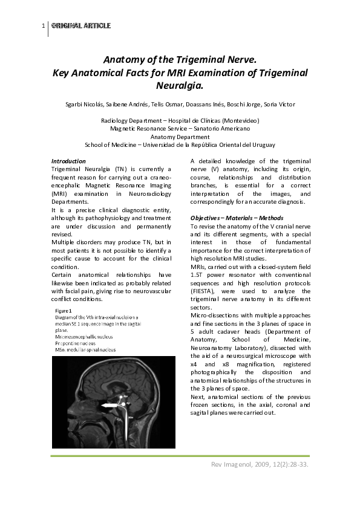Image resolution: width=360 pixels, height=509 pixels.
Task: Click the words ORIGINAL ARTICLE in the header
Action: tap(81, 26)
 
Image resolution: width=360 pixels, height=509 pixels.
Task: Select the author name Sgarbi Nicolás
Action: tap(85, 105)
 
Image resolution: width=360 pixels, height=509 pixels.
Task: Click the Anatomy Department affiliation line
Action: tap(180, 137)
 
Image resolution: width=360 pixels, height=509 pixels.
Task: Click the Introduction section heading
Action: tap(68, 161)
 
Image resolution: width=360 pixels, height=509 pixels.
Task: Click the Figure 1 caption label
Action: tap(62, 311)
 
